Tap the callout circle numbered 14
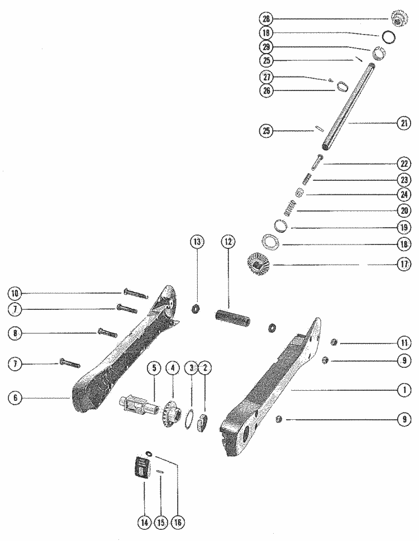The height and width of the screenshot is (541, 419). [144, 523]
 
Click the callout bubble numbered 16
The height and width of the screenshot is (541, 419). [178, 523]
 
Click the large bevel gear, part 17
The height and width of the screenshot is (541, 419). [258, 263]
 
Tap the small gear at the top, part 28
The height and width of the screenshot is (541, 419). [399, 18]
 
